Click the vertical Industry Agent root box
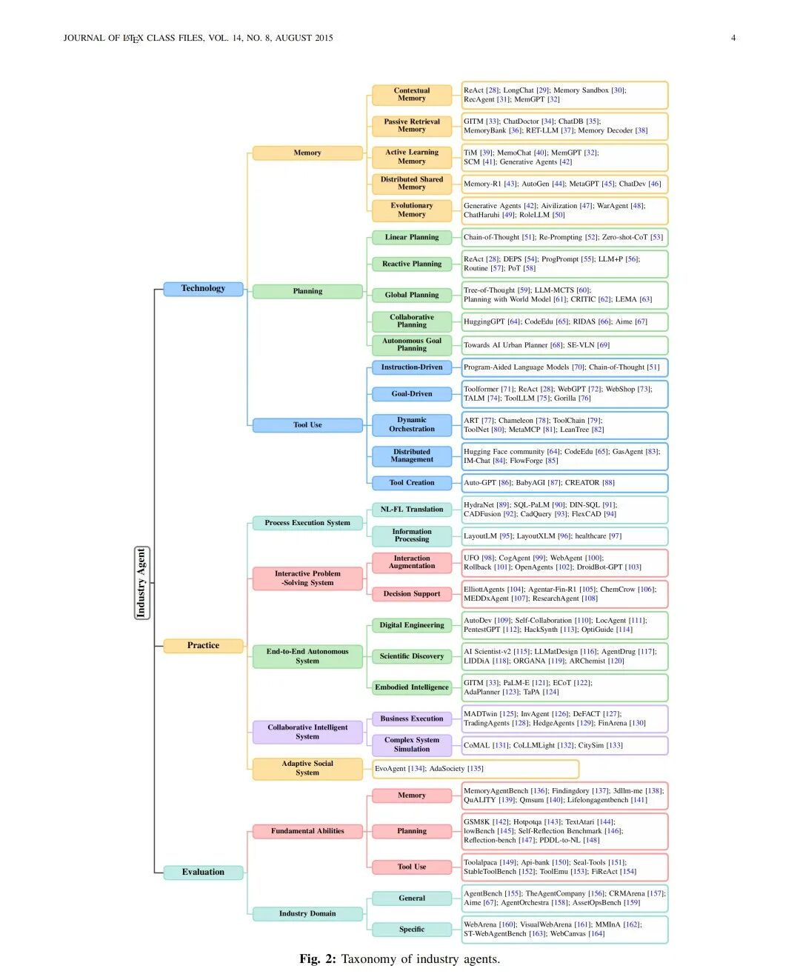[x=141, y=582]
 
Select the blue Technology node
[x=203, y=288]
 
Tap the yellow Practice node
[x=203, y=645]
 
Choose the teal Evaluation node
[x=203, y=872]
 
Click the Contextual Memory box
[x=412, y=95]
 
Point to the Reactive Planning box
[x=412, y=264]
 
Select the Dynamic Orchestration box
[x=412, y=424]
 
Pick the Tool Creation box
[x=412, y=483]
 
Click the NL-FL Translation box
[x=412, y=509]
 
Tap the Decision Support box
[x=412, y=593]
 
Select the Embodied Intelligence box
[x=412, y=687]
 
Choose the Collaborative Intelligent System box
[x=307, y=732]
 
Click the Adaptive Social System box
[x=307, y=768]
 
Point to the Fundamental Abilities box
[x=307, y=831]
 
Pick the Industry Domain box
[x=307, y=913]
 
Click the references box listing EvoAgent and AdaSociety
[x=475, y=769]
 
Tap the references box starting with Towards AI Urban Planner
[x=564, y=345]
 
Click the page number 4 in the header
[x=733, y=38]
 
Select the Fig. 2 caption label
[x=318, y=959]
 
